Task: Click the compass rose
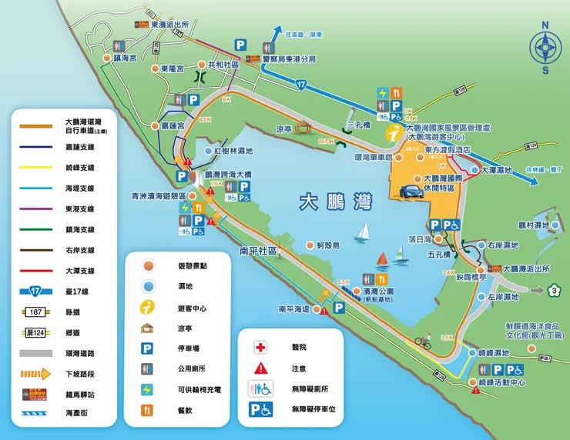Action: [545, 48]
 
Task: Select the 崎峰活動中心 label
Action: [501, 382]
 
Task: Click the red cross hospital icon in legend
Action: [260, 347]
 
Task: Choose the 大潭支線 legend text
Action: [80, 270]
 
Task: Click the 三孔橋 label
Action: [359, 124]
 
